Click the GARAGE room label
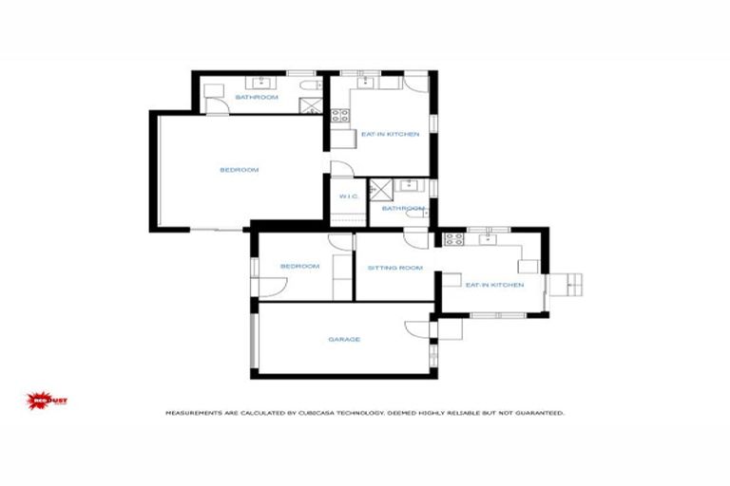click(x=343, y=339)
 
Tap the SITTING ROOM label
click(x=394, y=268)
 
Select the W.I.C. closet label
click(x=347, y=196)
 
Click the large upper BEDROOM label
click(x=240, y=170)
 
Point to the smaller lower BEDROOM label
click(x=299, y=267)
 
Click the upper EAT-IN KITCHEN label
click(x=390, y=135)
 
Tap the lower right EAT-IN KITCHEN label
click(x=494, y=285)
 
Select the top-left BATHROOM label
click(x=257, y=98)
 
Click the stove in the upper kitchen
click(x=339, y=117)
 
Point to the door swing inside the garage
click(x=415, y=328)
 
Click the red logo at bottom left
click(x=45, y=400)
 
